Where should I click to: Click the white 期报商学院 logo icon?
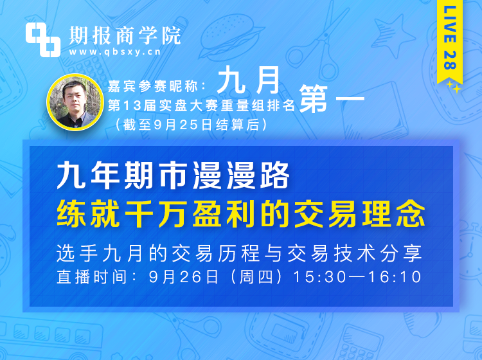(x=42, y=40)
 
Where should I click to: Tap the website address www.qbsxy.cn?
(x=114, y=51)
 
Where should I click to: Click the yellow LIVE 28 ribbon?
(x=449, y=42)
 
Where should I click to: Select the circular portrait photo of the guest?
(x=75, y=102)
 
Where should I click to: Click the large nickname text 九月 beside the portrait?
(x=248, y=80)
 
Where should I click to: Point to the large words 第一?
(x=332, y=99)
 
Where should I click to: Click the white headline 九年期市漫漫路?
(x=173, y=175)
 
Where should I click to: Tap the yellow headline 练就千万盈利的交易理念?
(x=241, y=213)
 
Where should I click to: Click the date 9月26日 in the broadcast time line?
(x=184, y=277)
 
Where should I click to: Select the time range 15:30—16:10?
(x=357, y=277)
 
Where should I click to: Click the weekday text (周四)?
(x=256, y=277)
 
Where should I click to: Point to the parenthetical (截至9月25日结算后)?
(x=191, y=125)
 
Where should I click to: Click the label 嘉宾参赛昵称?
(x=157, y=86)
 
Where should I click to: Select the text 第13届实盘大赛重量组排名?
(x=201, y=106)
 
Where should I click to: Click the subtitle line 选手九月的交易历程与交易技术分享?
(x=239, y=253)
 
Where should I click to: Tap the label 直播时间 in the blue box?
(x=91, y=277)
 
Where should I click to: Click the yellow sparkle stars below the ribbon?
(x=454, y=86)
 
